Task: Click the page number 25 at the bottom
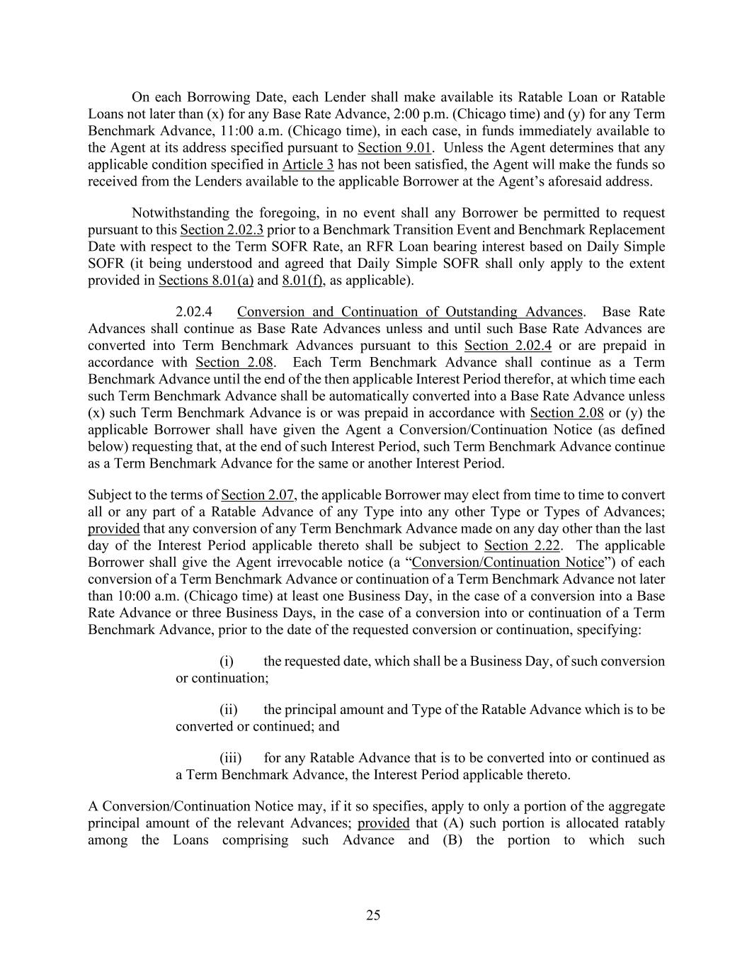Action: coord(373,915)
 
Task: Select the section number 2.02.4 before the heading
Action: coord(195,312)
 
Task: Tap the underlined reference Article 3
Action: coord(308,164)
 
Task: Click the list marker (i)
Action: coord(227,661)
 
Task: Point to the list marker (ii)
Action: coord(228,709)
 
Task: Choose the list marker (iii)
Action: coord(230,757)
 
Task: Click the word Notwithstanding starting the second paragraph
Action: coord(178,213)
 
